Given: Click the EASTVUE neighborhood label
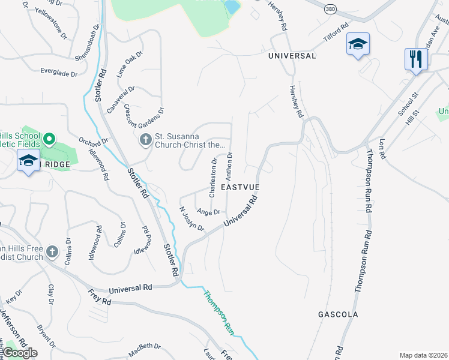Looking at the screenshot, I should tap(240, 188).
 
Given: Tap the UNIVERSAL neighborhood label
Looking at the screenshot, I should tap(292, 56).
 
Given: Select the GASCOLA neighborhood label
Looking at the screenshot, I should tap(338, 314).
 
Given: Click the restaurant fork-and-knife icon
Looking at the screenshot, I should tap(415, 59).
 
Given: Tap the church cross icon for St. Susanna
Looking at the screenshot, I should tap(145, 140).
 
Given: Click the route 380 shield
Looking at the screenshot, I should tap(330, 10).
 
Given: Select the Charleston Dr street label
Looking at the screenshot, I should tap(212, 178).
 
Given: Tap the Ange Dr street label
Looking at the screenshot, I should tap(208, 212).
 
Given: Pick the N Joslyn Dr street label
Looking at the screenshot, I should tap(192, 220).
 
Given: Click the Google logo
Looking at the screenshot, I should tap(20, 353).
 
